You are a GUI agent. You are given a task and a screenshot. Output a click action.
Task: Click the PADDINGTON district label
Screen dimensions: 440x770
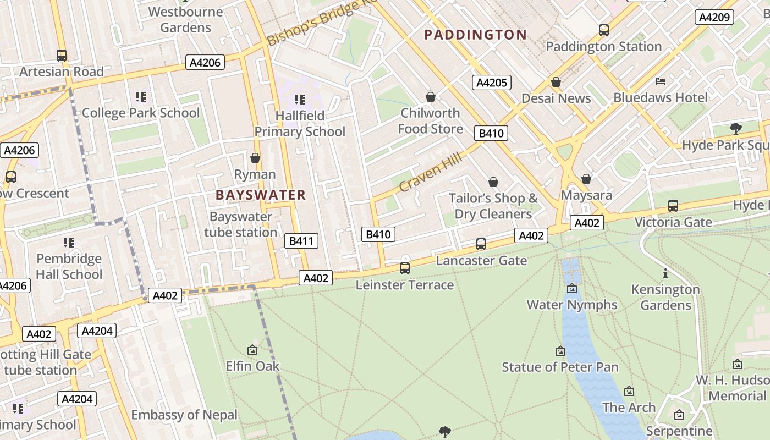pos(476,35)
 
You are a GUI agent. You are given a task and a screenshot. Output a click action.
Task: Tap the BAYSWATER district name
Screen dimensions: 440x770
pos(261,195)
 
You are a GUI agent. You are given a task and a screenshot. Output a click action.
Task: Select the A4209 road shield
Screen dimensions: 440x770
pos(714,17)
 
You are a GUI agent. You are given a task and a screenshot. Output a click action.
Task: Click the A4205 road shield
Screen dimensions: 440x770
pos(492,82)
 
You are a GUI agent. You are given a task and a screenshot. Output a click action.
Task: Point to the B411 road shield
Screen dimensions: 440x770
pos(301,240)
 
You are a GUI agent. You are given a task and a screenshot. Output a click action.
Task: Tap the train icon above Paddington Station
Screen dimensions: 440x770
pos(604,30)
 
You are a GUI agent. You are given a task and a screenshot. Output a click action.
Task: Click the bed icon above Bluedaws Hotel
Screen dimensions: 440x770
pos(661,81)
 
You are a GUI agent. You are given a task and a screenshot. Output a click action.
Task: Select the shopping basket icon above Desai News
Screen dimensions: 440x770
pos(556,82)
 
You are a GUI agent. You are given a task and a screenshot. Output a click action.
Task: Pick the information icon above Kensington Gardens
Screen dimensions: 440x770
pos(665,273)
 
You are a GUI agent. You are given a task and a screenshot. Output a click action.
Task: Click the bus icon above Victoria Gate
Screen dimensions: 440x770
pos(673,206)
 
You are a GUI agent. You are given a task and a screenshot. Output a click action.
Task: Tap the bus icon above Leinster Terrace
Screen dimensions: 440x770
pos(405,268)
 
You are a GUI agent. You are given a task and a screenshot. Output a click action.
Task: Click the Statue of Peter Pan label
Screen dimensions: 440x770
pos(560,367)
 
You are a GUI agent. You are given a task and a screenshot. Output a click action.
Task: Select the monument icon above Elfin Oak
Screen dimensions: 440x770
pos(252,349)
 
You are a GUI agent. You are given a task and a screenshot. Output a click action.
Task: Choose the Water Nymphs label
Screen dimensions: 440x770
pos(572,304)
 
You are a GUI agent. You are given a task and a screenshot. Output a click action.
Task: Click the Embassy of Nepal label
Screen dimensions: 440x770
pos(184,415)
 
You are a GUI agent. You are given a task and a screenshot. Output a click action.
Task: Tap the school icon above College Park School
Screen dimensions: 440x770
pos(141,97)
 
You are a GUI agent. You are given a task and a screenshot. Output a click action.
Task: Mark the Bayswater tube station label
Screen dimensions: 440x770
pos(241,224)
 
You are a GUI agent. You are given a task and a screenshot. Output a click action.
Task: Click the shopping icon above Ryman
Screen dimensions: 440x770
pos(255,158)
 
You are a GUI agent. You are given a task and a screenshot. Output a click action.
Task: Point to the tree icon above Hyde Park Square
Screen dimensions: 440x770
pos(735,129)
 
